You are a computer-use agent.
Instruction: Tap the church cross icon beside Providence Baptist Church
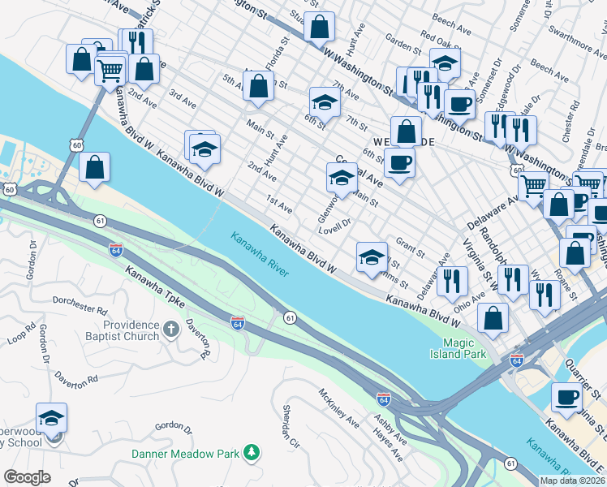tap(170, 330)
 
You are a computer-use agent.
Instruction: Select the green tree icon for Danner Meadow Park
tap(253, 450)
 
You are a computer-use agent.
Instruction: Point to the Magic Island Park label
tap(458, 348)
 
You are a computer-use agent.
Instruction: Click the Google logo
tap(27, 477)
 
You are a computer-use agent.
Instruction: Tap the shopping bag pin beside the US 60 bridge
tap(95, 167)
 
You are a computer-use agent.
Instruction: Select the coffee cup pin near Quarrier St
tap(566, 398)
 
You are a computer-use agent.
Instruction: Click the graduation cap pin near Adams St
tap(372, 258)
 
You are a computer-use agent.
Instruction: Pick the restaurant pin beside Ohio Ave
tap(451, 281)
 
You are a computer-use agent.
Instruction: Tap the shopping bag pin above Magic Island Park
tap(493, 318)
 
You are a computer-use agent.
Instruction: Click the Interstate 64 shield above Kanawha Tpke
tap(115, 250)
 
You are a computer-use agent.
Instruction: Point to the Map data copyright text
tap(573, 481)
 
